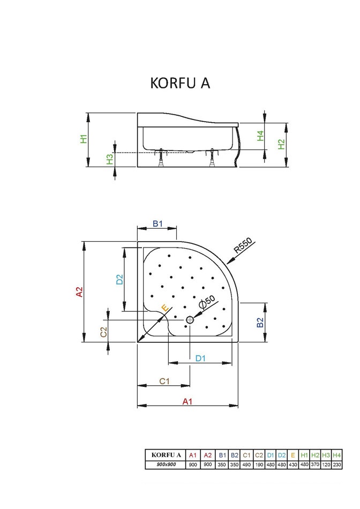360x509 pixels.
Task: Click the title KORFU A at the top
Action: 180,83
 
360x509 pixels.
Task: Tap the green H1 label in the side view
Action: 84,139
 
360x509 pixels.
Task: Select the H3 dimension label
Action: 110,159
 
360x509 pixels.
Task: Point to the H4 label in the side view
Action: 260,136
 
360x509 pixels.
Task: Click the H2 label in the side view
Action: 281,144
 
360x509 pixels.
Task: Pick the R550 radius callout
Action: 243,245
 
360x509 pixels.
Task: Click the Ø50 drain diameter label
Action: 207,301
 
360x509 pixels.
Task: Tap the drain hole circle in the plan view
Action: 190,320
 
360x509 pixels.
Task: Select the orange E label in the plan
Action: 165,308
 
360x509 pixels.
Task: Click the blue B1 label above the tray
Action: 157,223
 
